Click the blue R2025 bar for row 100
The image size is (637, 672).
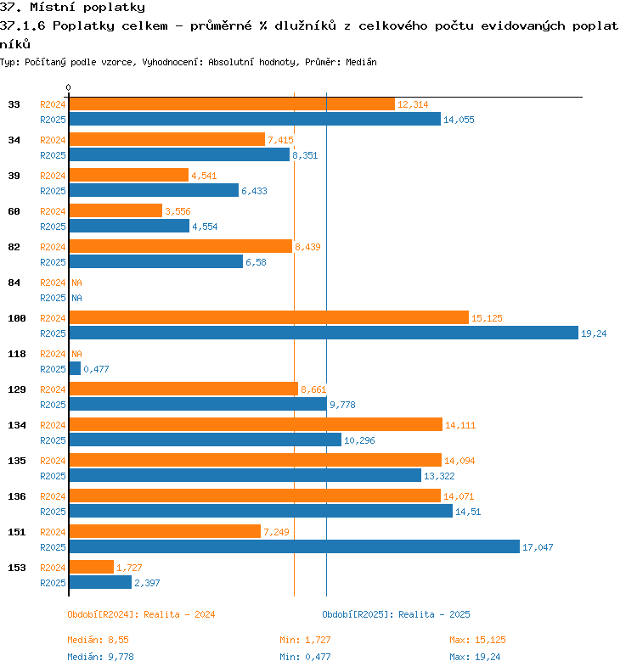pos(324,333)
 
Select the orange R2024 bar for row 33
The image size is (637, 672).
pos(232,104)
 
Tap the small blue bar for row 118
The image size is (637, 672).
pos(75,368)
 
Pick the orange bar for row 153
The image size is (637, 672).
pos(92,567)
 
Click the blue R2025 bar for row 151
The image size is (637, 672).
pos(294,546)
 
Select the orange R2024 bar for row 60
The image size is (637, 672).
pos(116,210)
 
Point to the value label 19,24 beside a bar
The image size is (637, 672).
pos(594,333)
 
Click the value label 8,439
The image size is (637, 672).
pos(307,247)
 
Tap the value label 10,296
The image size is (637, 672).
pos(359,440)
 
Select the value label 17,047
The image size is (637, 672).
pos(538,547)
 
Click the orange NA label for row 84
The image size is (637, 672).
pos(76,283)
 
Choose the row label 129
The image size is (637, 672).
pos(17,389)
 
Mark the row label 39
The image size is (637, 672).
pos(14,176)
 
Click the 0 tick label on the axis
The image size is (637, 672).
pos(68,87)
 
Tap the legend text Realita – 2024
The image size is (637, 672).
pos(179,614)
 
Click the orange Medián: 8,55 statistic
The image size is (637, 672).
pos(98,640)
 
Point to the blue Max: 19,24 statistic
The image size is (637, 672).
pos(475,657)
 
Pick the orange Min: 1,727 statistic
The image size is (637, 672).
pos(305,640)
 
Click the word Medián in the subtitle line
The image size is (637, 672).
pos(361,62)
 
